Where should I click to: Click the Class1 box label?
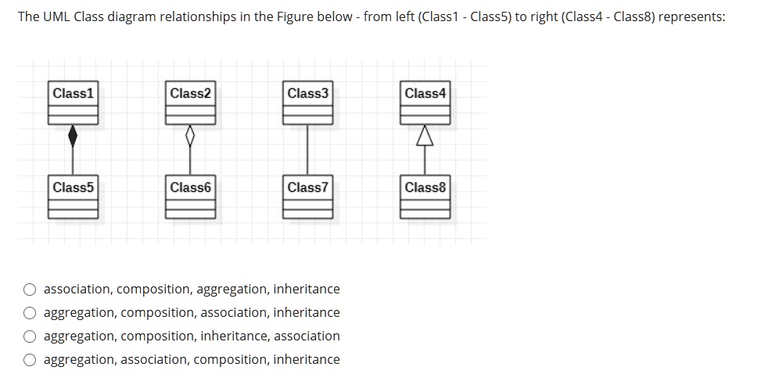click(73, 93)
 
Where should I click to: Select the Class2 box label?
click(190, 93)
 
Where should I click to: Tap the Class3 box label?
click(307, 93)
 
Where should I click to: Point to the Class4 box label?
click(425, 93)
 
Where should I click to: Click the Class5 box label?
click(73, 187)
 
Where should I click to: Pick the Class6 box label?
click(190, 187)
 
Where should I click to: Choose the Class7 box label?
click(307, 187)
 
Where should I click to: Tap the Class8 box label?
click(425, 187)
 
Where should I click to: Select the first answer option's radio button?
click(30, 290)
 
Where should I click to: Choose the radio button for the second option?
click(30, 313)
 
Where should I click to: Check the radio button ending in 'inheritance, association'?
click(30, 336)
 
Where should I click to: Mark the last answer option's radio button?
click(30, 360)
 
